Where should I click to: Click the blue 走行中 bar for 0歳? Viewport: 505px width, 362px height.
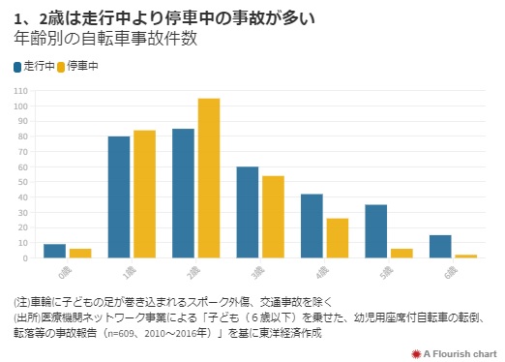(x=55, y=251)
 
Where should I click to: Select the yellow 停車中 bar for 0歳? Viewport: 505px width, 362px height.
(x=80, y=254)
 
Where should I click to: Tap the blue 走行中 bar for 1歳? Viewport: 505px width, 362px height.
(x=119, y=197)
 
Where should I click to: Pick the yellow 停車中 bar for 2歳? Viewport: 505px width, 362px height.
(x=209, y=178)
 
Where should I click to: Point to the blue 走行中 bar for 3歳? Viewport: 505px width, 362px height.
(x=248, y=212)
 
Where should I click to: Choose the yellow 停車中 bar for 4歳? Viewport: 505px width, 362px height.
(x=337, y=238)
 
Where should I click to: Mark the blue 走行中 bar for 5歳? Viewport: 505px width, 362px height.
(x=376, y=231)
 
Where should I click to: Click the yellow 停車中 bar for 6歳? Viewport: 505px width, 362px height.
(x=465, y=256)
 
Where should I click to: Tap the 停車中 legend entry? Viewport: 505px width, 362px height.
(x=77, y=67)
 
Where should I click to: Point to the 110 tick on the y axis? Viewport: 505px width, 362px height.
(x=20, y=91)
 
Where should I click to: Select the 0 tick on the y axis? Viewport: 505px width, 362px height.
(x=25, y=258)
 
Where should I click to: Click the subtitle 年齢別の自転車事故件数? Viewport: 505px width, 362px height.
(x=105, y=40)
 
